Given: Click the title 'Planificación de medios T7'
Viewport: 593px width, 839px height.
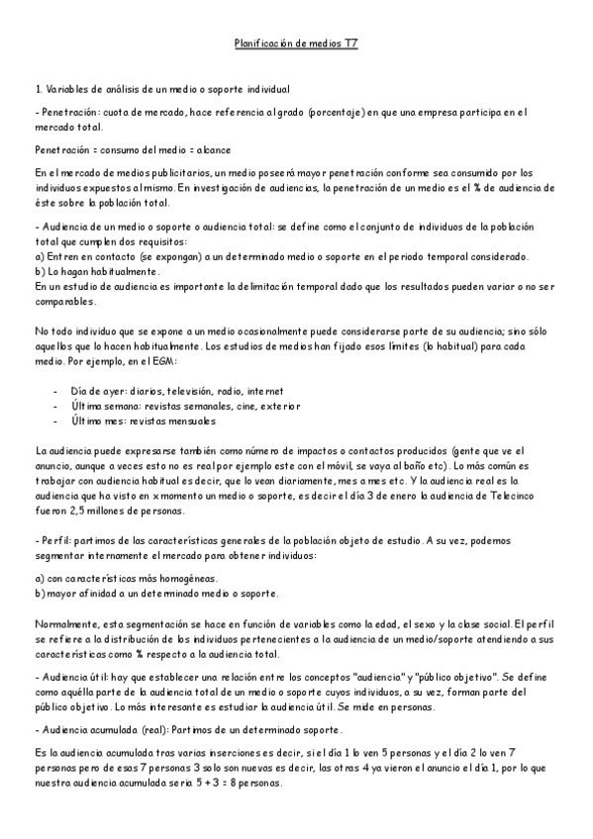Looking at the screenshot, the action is click(x=296, y=45).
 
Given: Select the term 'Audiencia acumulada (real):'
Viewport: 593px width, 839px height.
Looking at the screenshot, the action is click(x=103, y=730).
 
